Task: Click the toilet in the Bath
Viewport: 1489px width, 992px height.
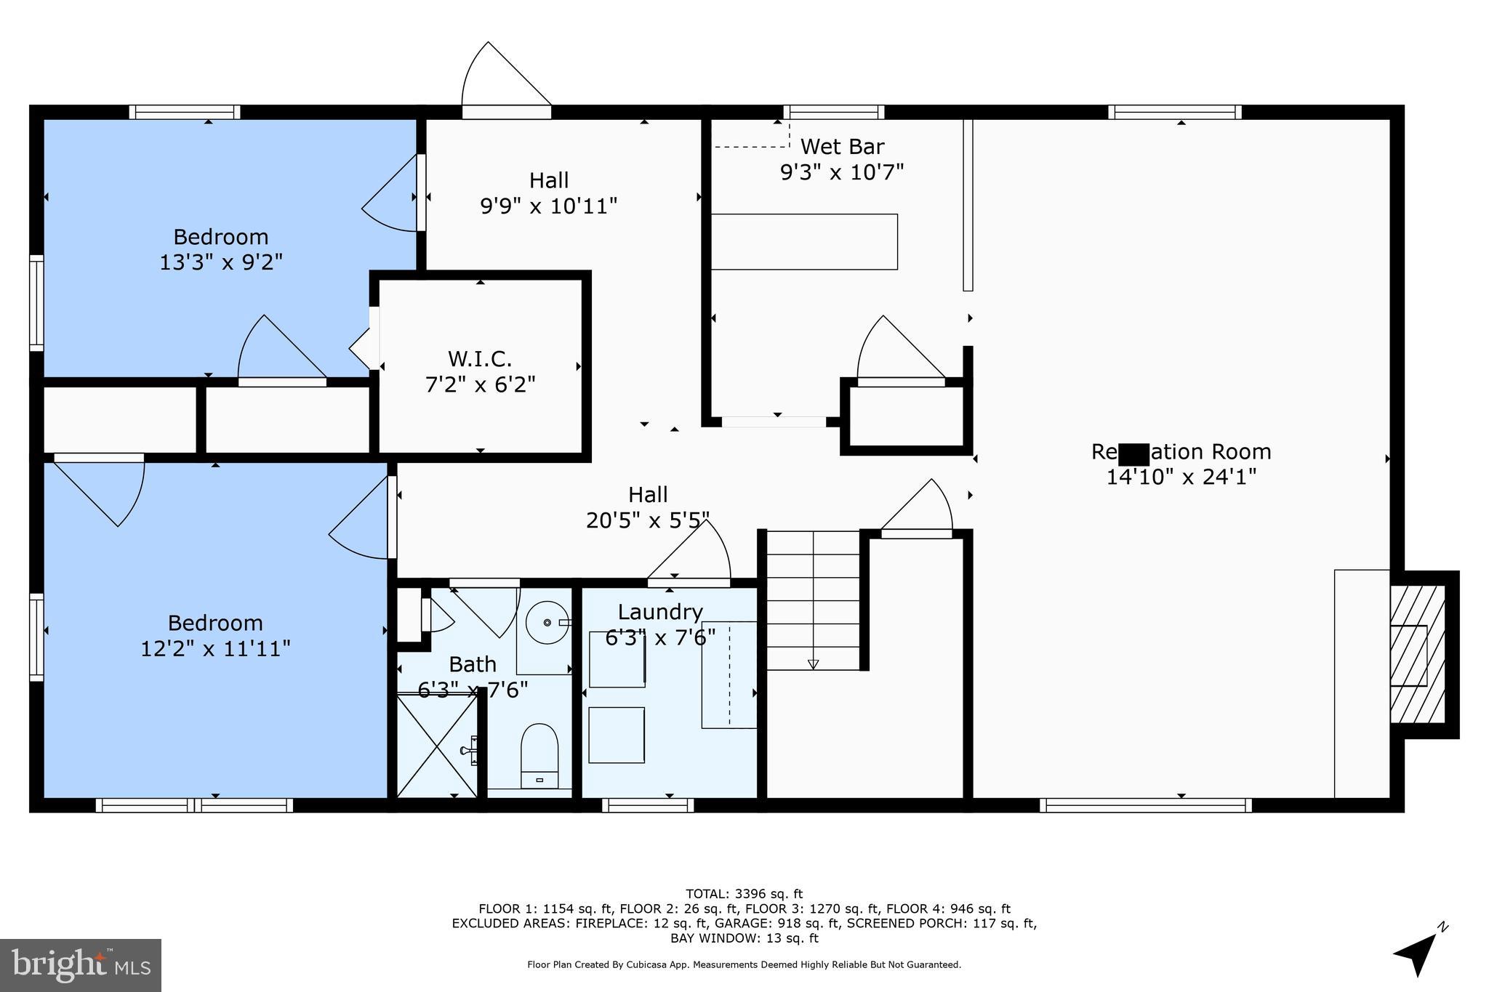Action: click(x=539, y=753)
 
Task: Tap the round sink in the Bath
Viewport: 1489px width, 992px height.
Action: click(x=547, y=623)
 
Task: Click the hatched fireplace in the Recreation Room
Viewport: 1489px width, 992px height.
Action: click(x=1416, y=655)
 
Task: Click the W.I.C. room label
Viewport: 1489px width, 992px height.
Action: click(x=480, y=358)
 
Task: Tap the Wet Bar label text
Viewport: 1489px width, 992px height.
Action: click(x=842, y=147)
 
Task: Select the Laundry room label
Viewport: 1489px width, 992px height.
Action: click(x=660, y=612)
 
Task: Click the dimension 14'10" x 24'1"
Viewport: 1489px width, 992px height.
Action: click(x=1181, y=477)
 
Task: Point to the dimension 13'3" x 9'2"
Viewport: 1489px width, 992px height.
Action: click(x=221, y=262)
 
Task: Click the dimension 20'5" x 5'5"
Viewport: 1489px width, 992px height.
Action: click(x=647, y=520)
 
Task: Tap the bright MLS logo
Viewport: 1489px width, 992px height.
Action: click(x=81, y=965)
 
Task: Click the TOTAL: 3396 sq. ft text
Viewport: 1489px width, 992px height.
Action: click(x=744, y=894)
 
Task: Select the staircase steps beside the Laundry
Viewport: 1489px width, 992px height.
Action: click(x=813, y=600)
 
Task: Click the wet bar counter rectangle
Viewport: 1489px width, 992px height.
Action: click(x=803, y=241)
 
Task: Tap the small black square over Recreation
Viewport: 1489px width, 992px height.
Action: click(x=1133, y=454)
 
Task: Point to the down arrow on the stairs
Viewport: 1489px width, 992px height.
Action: click(x=813, y=664)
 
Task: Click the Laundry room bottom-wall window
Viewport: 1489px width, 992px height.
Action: click(x=648, y=805)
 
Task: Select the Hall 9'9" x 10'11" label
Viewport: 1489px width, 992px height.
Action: click(x=548, y=193)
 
